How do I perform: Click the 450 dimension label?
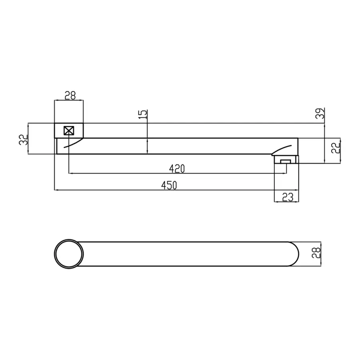[169, 185]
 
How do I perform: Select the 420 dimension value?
[177, 169]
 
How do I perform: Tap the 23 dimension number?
[288, 197]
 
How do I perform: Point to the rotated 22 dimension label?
[336, 148]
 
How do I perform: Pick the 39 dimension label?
[320, 113]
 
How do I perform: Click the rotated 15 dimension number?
[142, 114]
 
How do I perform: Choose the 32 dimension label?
[23, 140]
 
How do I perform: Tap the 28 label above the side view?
[70, 96]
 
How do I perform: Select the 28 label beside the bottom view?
[316, 253]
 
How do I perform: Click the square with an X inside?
[69, 131]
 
